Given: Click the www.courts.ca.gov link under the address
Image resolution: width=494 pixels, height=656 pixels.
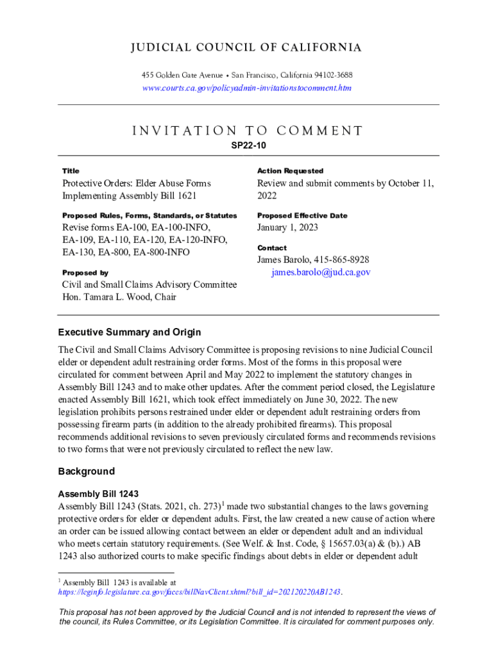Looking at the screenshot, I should pos(247,88).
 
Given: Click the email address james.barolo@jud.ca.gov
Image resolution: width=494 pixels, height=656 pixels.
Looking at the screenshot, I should pos(321,272).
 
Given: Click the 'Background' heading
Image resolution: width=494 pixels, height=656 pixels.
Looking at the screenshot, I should pos(87,471).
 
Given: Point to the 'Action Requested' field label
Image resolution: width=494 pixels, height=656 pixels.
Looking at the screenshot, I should pos(290,171).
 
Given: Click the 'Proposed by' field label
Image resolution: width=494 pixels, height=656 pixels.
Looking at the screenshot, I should pos(85,272).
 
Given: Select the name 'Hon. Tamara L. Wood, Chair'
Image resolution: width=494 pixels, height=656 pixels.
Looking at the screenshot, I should pos(119,297).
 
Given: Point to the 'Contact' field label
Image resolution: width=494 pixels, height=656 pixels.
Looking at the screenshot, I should pos(272,248).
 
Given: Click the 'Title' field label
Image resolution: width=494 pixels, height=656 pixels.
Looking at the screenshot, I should pos(71,171).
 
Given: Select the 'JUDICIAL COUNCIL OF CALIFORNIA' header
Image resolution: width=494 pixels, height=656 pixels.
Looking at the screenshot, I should pos(247,48).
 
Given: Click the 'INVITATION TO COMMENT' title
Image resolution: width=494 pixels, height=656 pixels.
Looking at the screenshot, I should pos(247,131).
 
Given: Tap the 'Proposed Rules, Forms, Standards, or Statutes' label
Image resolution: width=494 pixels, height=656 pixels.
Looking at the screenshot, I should pos(149,216).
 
